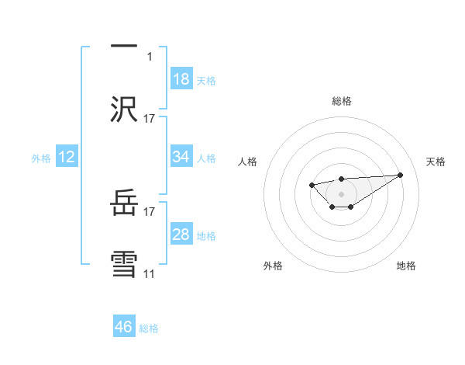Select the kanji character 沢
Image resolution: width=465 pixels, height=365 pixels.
coord(124,109)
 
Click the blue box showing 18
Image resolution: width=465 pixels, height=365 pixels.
coord(181,79)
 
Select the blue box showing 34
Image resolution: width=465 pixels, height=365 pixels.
coord(181,157)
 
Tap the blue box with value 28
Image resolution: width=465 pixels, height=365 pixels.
coord(181,235)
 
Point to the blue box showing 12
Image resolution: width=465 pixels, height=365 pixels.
coord(67,157)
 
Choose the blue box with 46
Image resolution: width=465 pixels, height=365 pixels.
coord(124,327)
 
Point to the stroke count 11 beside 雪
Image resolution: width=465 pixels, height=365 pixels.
coord(149,273)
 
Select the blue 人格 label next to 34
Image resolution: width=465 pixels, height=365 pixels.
coord(206,158)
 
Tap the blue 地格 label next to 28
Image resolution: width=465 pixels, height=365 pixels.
coord(206,236)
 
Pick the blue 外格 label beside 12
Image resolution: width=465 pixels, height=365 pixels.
coord(41,158)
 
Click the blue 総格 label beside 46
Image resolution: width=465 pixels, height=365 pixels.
coord(149,328)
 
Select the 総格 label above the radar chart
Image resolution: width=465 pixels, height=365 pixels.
coord(341,101)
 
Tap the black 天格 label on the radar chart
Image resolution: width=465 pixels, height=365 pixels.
coord(436,162)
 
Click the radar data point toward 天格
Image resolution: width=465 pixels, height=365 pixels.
coord(401,175)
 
